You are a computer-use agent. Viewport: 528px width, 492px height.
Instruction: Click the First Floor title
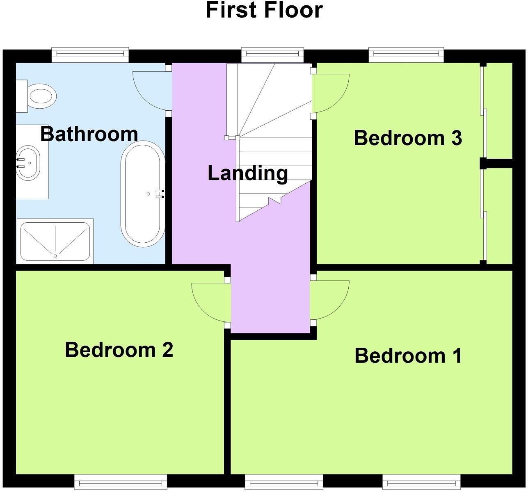coord(264,11)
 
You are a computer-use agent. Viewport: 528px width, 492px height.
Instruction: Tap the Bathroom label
coord(89,134)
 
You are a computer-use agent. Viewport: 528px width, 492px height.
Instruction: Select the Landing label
coord(247,173)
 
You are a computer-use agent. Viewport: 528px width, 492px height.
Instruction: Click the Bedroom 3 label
coord(408,138)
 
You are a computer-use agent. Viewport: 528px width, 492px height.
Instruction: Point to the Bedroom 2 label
coord(119,350)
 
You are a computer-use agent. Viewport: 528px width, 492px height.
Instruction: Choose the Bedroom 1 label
coord(408,355)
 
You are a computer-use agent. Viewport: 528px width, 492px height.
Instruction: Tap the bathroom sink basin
coord(28,162)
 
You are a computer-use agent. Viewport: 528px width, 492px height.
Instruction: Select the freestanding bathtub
coord(142,194)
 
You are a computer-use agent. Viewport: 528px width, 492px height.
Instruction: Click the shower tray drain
coord(55,255)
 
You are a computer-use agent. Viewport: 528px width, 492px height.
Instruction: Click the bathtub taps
coord(160,194)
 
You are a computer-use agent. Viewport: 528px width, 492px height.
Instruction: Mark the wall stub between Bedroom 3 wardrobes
coord(496,163)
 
